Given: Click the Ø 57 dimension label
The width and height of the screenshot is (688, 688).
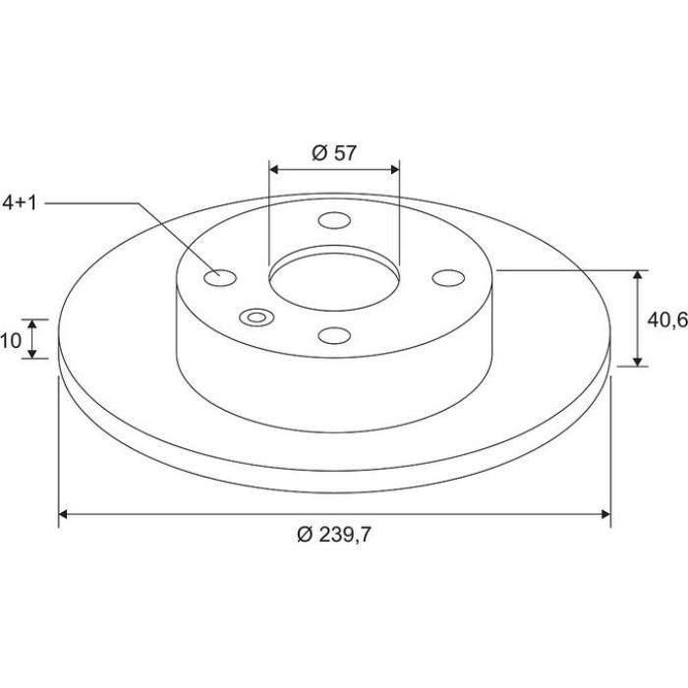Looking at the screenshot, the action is pos(334,153).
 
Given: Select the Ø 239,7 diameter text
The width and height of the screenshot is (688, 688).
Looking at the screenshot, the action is pos(334,535).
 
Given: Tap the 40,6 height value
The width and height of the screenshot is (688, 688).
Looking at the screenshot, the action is pos(667,320).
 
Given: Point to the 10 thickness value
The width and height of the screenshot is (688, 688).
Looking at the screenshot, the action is pos(11,340).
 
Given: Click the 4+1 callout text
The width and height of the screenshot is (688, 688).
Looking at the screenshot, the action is pos(20,203).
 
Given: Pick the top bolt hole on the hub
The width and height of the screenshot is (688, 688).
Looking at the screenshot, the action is pos(334,220).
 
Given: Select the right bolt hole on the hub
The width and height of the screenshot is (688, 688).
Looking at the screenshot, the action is pos(448,278).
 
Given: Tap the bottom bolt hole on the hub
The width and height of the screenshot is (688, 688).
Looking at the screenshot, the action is pos(334,336).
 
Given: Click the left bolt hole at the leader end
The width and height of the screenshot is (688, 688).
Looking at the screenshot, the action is pos(220,278).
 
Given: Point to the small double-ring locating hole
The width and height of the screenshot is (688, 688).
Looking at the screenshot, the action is pos(257,317).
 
